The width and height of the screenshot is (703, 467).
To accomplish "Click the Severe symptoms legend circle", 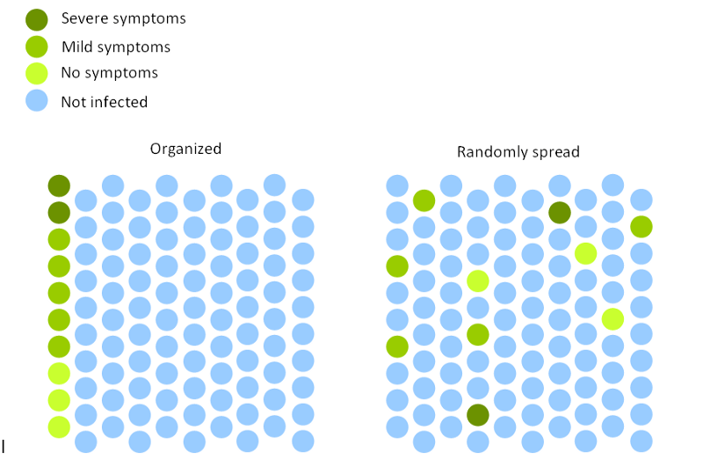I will click(x=38, y=18).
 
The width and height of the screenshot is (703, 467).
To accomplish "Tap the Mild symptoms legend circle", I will click(x=38, y=47).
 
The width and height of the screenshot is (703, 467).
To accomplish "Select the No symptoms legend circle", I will click(x=38, y=73).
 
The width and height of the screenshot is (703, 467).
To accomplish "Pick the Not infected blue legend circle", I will click(x=38, y=100).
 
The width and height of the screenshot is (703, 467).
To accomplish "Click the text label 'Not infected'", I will click(x=104, y=102).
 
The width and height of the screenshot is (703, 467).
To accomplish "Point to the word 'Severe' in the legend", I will click(x=83, y=18).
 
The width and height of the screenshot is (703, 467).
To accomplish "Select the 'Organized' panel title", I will click(x=185, y=149).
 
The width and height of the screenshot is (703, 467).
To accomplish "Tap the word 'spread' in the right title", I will click(x=553, y=153).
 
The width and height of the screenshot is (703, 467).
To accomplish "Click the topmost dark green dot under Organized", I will click(x=59, y=186).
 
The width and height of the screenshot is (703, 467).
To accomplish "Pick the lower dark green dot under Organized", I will click(x=59, y=212).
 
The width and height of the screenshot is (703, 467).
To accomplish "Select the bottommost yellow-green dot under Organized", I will click(x=59, y=427).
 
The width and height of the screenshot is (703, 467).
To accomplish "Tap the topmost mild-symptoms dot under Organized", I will click(x=59, y=239).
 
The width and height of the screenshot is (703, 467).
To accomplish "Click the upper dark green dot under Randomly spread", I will click(x=559, y=212).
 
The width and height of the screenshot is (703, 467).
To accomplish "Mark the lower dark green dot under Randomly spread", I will click(x=478, y=414).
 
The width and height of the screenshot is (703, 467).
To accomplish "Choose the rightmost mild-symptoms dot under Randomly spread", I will click(x=641, y=227).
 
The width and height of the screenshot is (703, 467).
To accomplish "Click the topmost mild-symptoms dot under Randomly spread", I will click(x=424, y=201).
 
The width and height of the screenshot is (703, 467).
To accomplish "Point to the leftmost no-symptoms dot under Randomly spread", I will click(x=478, y=281).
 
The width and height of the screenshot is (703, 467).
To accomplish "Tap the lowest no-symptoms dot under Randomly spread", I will click(x=612, y=318).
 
